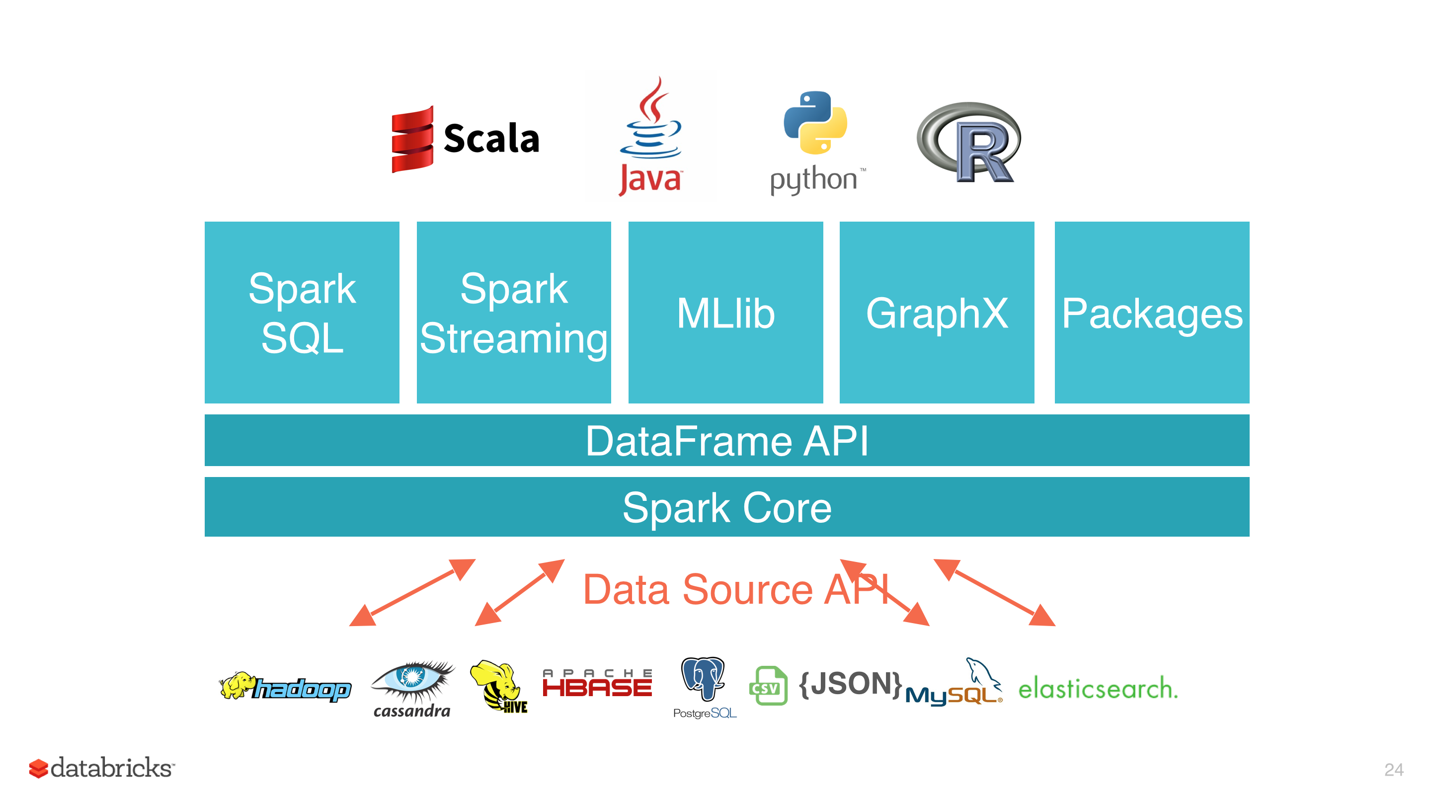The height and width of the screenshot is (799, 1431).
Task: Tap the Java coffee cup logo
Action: click(650, 136)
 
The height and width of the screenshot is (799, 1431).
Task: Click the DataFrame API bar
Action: click(726, 440)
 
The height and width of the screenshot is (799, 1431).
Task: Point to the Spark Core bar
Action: click(726, 507)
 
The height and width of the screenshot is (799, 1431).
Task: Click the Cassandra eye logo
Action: click(412, 688)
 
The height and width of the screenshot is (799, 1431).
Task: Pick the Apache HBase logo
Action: click(597, 683)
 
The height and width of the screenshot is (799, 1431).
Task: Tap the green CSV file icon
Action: click(768, 686)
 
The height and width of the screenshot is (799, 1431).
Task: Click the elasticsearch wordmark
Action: click(1098, 689)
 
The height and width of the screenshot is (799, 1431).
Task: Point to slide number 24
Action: click(1393, 770)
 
